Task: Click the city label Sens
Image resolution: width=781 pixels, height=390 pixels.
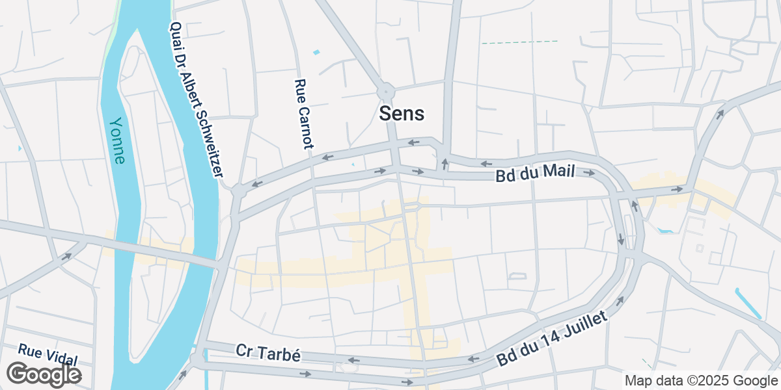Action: (402, 114)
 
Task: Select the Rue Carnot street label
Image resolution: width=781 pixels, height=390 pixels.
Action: (304, 114)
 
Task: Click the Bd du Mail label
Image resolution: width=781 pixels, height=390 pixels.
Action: (535, 175)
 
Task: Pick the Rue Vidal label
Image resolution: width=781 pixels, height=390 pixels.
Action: (48, 355)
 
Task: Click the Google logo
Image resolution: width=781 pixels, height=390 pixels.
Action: (44, 374)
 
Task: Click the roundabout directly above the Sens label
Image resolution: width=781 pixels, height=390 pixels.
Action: (385, 91)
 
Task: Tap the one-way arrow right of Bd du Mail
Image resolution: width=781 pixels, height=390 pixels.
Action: (589, 174)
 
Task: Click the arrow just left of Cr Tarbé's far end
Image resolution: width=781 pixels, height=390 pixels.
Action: (354, 360)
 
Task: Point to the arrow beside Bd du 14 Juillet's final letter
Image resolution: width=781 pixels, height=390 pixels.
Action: (620, 300)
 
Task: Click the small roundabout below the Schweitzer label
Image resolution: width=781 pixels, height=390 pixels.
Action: (239, 191)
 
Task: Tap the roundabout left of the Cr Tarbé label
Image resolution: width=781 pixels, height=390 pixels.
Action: (197, 359)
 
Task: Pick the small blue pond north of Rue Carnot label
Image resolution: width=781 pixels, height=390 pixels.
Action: (317, 51)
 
